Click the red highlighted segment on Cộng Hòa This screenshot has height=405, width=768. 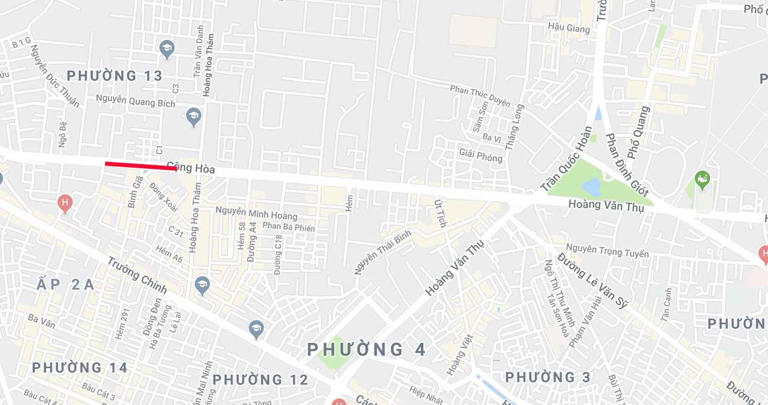click(x=141, y=166)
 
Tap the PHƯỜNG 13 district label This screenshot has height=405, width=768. click(x=115, y=76)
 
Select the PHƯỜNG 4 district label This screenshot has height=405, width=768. click(x=366, y=349)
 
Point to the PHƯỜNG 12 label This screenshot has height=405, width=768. click(x=260, y=380)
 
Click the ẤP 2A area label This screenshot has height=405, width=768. click(x=66, y=284)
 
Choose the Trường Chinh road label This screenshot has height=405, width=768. click(x=137, y=275)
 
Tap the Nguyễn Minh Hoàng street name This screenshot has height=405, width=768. click(x=256, y=213)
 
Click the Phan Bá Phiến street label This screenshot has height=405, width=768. click(x=289, y=227)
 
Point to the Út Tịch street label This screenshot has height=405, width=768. click(x=441, y=213)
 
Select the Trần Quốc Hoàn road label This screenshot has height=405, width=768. click(x=566, y=159)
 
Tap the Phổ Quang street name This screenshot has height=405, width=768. click(x=638, y=132)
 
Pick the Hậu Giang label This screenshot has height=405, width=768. click(x=569, y=28)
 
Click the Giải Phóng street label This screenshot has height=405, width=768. click(x=481, y=156)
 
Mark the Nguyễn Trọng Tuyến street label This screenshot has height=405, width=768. click(x=607, y=250)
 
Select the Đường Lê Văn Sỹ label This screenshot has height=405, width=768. click(x=593, y=281)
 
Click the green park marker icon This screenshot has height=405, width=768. click(x=702, y=179)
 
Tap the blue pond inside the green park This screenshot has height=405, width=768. click(x=590, y=187)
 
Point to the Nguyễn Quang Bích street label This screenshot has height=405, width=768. click(x=136, y=101)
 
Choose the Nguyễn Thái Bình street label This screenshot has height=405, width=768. click(x=382, y=252)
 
